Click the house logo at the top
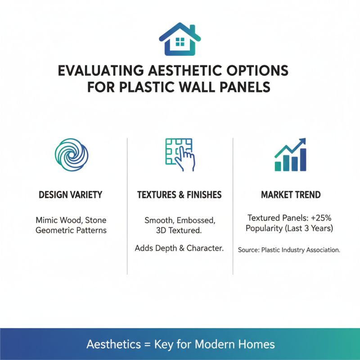(180, 38)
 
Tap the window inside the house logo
(180, 43)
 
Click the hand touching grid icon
(180, 154)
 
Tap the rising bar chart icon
(291, 155)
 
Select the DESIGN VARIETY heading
(71, 195)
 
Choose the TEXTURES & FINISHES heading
(180, 195)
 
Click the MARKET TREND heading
(291, 195)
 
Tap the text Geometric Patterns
(71, 230)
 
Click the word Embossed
(196, 220)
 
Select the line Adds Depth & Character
(180, 248)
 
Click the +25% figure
(320, 218)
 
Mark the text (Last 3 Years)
(310, 228)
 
